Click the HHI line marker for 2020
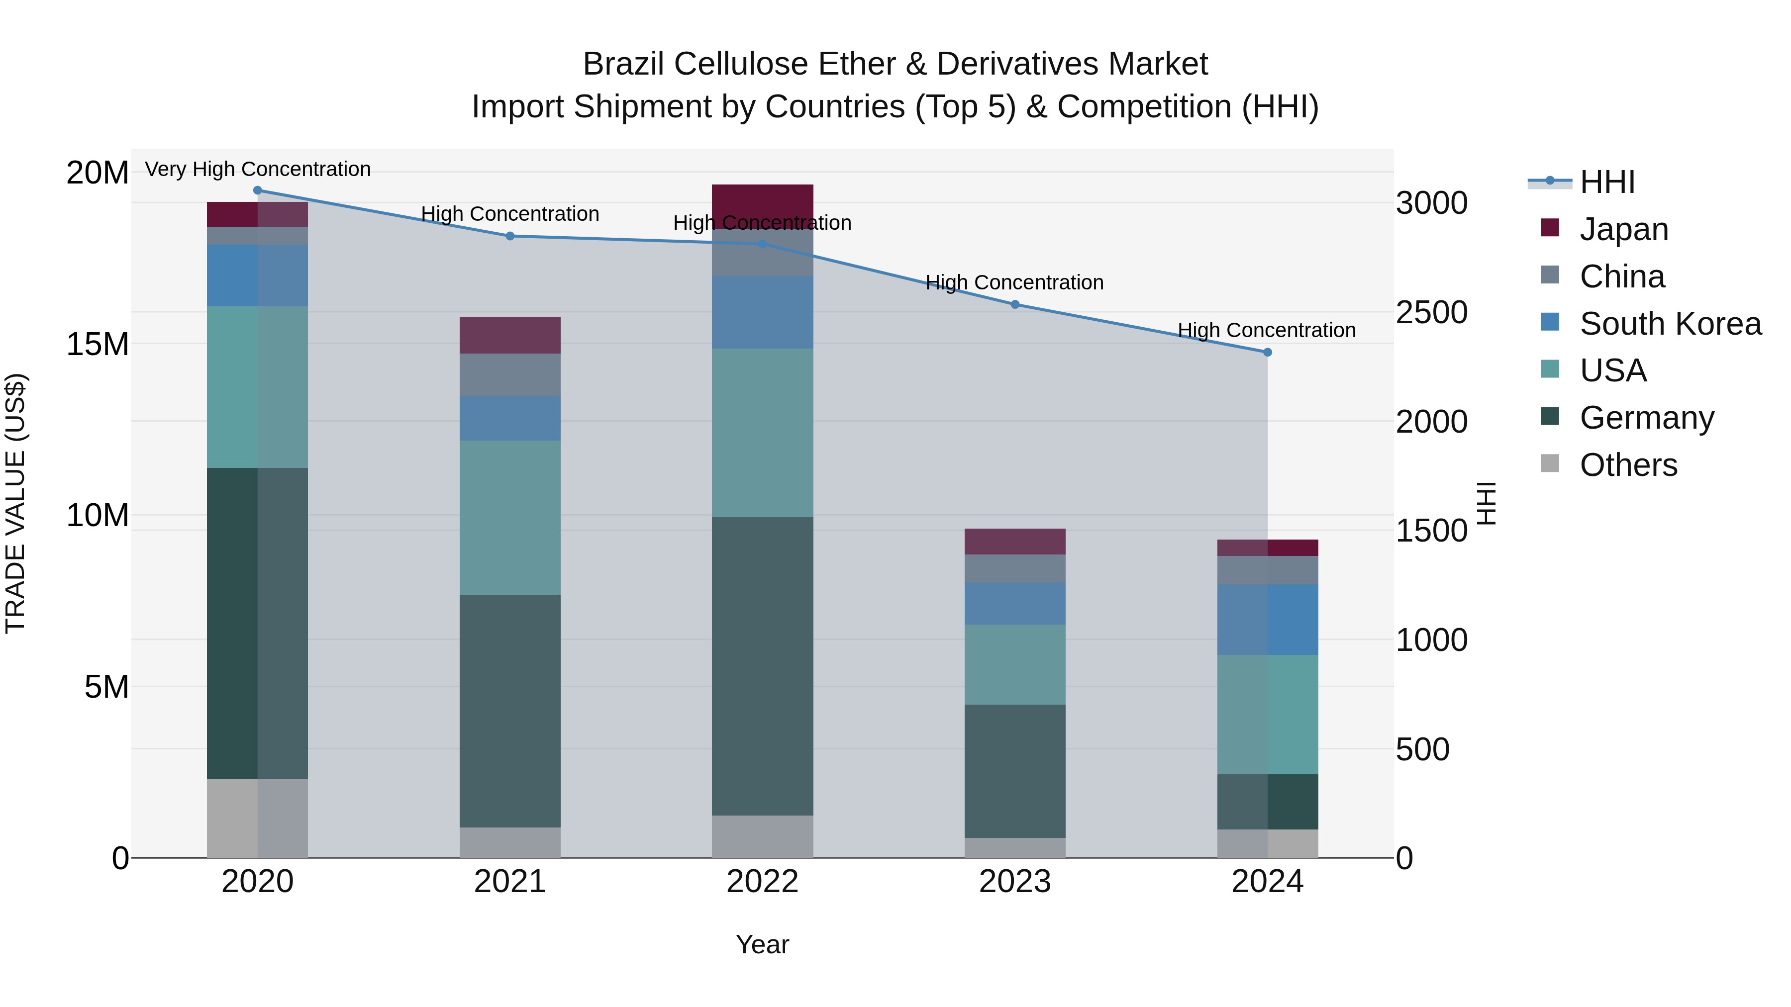257,190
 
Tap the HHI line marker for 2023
1014,304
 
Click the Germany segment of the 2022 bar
762,666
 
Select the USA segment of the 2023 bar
1014,664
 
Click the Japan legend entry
1623,229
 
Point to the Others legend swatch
1550,463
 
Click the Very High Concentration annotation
257,169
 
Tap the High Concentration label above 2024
1266,330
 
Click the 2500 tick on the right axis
1431,312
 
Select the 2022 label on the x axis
762,882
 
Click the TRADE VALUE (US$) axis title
15,503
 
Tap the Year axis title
762,944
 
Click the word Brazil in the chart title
624,64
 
